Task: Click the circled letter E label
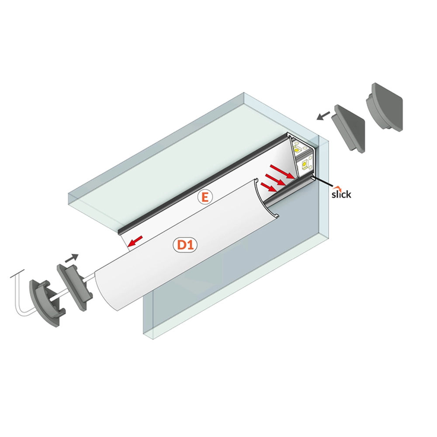(205, 197)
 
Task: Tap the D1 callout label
(185, 245)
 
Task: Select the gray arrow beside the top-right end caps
(323, 116)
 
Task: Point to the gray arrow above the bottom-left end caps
(72, 258)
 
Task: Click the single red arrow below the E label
(135, 241)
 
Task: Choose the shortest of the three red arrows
(269, 187)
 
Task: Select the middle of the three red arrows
(275, 179)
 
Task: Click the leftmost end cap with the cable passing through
(47, 302)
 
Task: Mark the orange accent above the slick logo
(338, 187)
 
